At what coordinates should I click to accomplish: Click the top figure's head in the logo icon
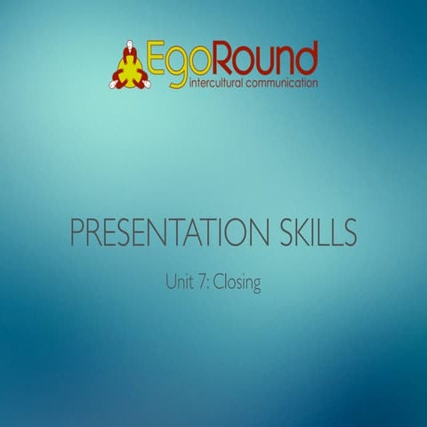point(131,44)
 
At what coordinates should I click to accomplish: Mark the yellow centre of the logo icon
point(131,69)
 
